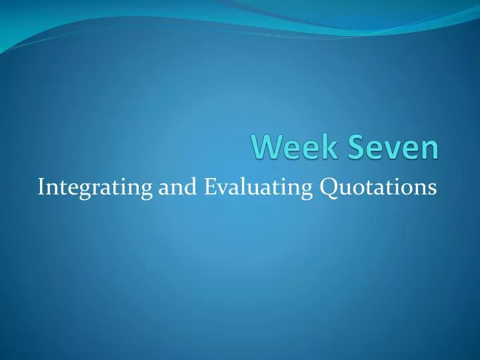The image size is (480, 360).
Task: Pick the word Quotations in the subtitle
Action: tap(380, 187)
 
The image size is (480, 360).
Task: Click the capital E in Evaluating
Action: tap(210, 187)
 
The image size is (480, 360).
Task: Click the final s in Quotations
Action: tap(433, 189)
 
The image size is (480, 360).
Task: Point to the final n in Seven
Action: tap(431, 150)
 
